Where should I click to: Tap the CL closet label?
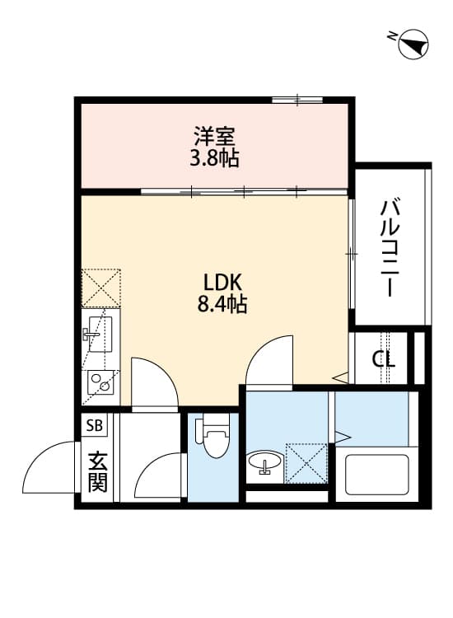[383, 359]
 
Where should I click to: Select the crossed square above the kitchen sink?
[100, 288]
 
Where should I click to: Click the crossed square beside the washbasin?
[306, 464]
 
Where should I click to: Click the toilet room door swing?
[160, 478]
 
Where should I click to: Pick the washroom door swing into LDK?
[269, 360]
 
